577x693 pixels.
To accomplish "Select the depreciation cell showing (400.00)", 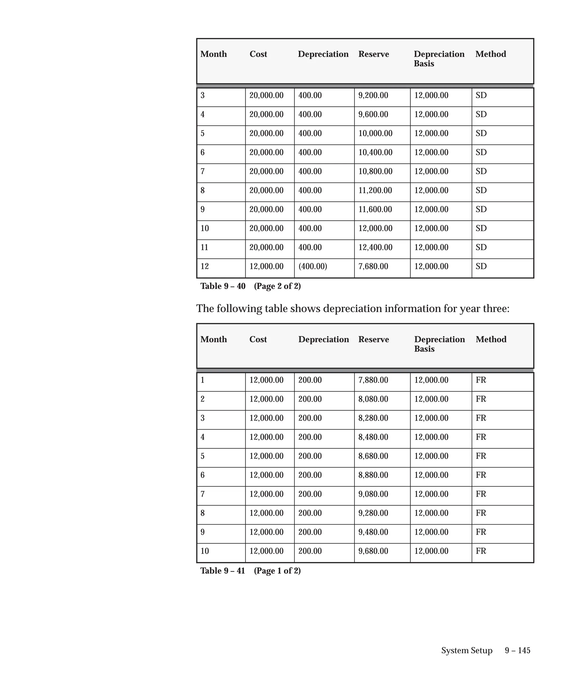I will point(312,266).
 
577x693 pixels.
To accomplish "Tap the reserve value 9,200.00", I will point(373,95).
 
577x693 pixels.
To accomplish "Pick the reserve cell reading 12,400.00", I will point(375,247).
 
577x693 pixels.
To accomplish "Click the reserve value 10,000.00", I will point(375,133).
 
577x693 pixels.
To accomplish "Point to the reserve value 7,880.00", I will point(373,380).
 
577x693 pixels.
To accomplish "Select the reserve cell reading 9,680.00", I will point(373,551).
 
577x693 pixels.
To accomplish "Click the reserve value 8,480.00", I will point(373,437).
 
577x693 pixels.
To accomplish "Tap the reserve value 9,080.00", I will point(373,494).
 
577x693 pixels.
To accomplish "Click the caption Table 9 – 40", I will point(223,286).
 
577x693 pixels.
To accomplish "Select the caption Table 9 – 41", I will point(223,571).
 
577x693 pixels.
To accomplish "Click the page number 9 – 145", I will point(517,650).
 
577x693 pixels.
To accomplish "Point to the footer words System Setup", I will point(467,650).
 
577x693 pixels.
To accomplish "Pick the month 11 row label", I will point(205,247).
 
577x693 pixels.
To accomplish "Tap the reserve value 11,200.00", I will point(375,190).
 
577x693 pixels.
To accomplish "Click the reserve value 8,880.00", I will point(373,475).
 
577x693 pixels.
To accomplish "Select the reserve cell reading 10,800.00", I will point(375,171).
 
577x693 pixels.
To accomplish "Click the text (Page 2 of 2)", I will point(277,286).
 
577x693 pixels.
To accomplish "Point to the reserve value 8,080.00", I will point(373,399).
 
